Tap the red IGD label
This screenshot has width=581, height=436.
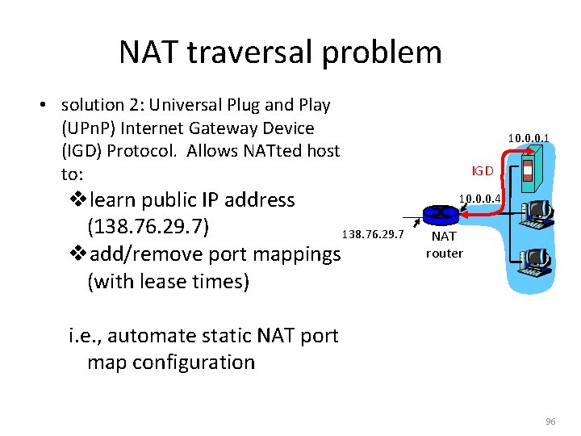483,171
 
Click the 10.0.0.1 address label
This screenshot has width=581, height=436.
529,139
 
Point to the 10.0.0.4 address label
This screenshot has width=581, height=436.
480,198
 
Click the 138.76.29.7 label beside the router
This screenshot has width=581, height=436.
372,234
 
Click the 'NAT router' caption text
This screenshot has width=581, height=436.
445,245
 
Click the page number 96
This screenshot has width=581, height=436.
551,422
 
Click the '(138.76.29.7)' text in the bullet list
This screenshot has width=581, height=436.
148,227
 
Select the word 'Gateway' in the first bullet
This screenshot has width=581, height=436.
239,128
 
